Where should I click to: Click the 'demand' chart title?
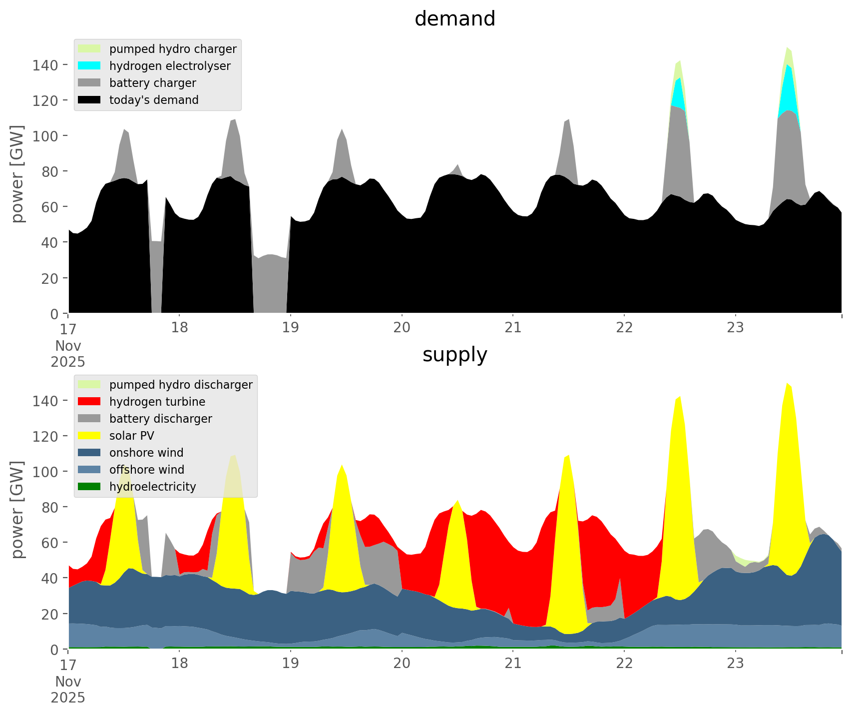pos(454,19)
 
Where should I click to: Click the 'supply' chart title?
pos(454,355)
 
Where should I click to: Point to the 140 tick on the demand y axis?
pos(45,65)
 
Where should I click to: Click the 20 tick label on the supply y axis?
pos(50,614)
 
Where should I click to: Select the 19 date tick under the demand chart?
pos(290,328)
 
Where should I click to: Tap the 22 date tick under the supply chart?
pos(624,664)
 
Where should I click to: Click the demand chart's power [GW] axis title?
pos(17,174)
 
